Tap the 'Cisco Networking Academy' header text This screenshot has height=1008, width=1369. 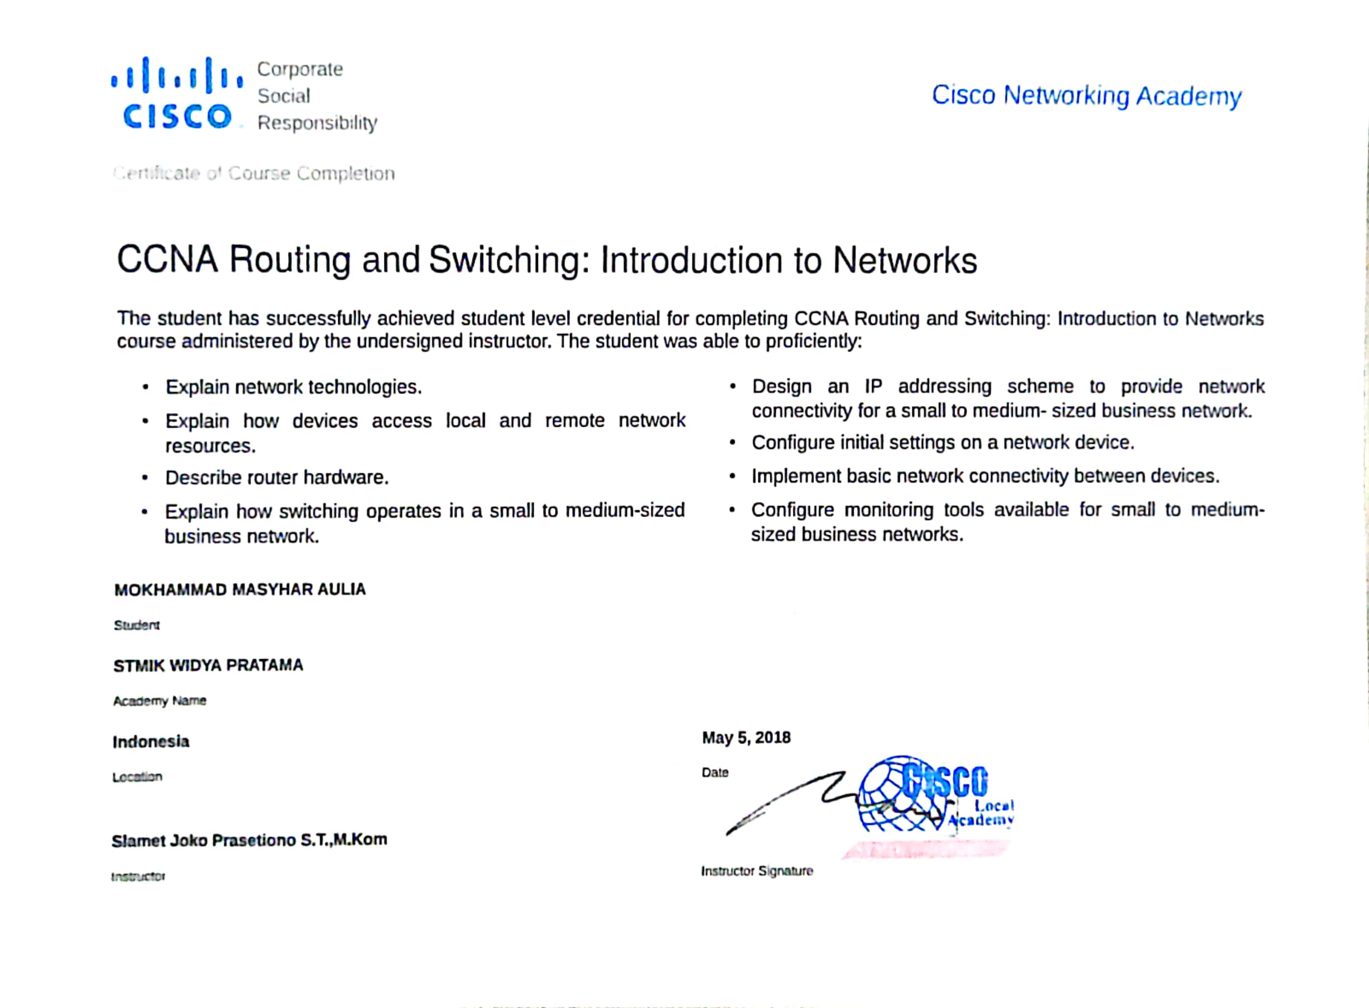(x=1086, y=96)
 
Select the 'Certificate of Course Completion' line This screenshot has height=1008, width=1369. (x=254, y=174)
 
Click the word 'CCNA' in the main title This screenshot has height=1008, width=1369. (x=167, y=260)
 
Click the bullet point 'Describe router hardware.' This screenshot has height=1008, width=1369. (x=277, y=477)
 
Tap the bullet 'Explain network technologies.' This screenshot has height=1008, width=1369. (x=293, y=387)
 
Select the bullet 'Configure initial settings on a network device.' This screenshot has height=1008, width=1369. (x=943, y=442)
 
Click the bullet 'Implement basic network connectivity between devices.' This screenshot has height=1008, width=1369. (x=985, y=476)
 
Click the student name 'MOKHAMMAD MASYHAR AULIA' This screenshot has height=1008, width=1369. (x=240, y=589)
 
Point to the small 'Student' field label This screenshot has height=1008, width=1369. (x=136, y=625)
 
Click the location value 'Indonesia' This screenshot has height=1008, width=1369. (x=151, y=742)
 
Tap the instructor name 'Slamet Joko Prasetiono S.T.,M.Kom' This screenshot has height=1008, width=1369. (x=249, y=840)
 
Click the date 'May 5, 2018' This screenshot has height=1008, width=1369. (x=746, y=738)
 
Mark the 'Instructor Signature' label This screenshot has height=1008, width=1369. (x=757, y=871)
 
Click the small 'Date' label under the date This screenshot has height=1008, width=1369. (x=715, y=773)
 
